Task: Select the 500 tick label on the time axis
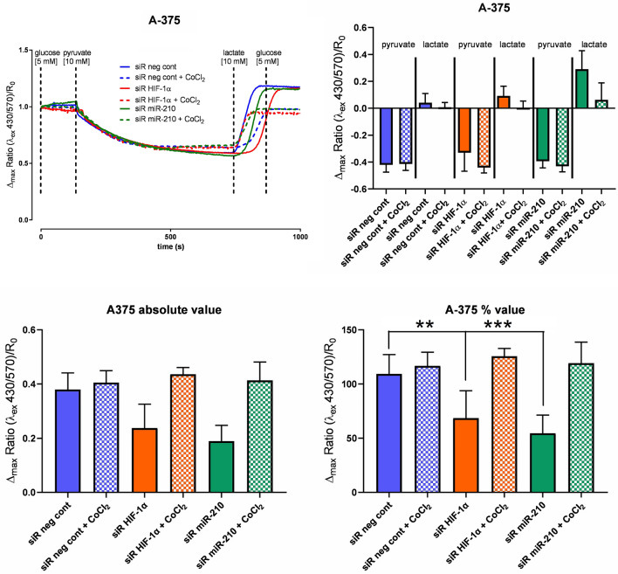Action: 171,237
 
